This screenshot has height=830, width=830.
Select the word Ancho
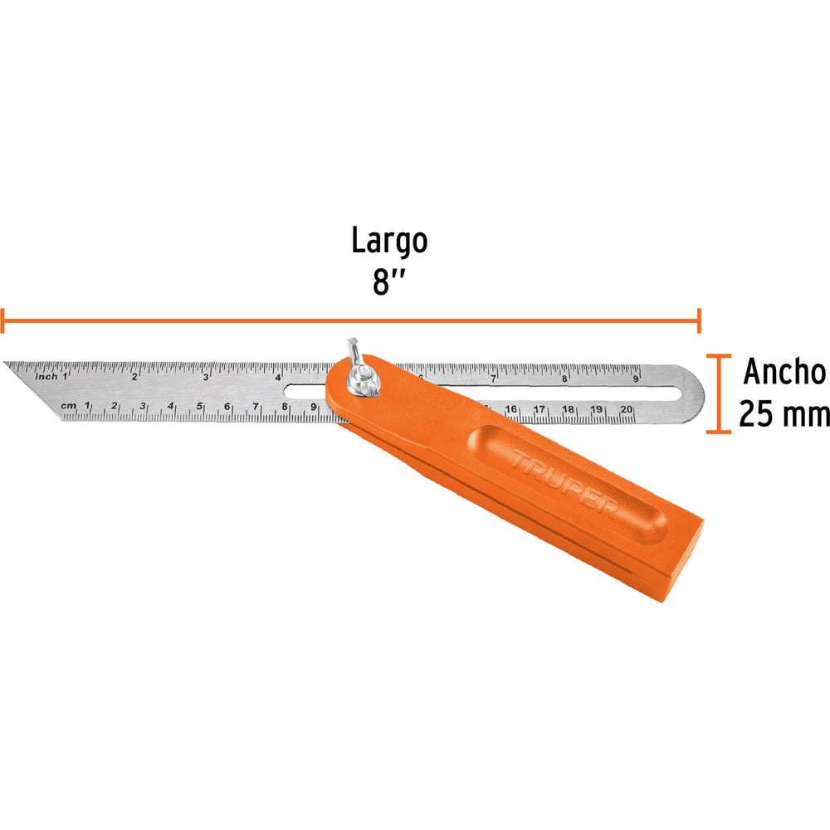coord(785,372)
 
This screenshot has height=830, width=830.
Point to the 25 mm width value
coord(784,413)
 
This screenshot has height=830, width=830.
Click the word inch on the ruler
coord(46,376)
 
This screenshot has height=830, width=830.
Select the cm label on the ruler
coord(68,406)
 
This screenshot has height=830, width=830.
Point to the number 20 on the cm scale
coord(627,409)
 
